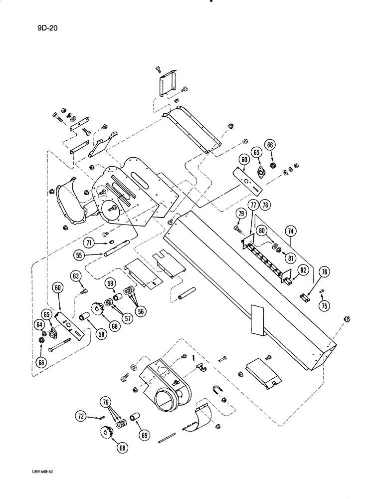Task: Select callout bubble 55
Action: pyautogui.click(x=78, y=254)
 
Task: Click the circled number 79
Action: pyautogui.click(x=241, y=215)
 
